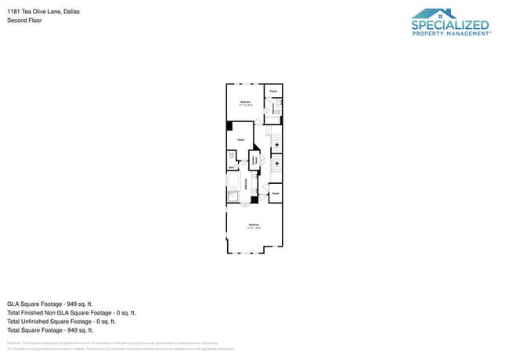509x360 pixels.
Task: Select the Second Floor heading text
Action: pyautogui.click(x=24, y=20)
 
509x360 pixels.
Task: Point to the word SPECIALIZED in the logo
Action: pyautogui.click(x=450, y=26)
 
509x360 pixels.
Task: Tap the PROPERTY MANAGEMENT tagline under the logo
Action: pyautogui.click(x=450, y=34)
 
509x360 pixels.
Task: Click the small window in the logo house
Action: pyautogui.click(x=450, y=13)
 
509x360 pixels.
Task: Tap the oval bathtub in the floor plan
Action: pyautogui.click(x=233, y=181)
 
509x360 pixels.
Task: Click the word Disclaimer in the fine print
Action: pyautogui.click(x=14, y=343)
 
